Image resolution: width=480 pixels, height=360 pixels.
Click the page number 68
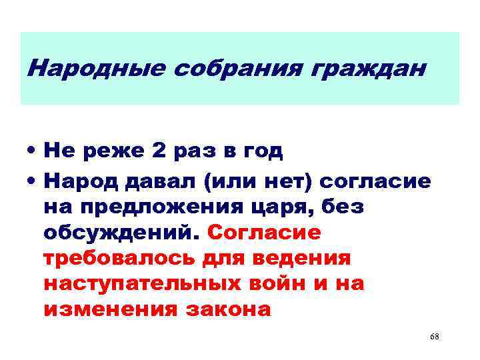(x=435, y=337)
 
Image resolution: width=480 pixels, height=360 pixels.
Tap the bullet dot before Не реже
(x=31, y=152)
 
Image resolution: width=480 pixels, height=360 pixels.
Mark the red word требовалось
(x=119, y=258)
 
